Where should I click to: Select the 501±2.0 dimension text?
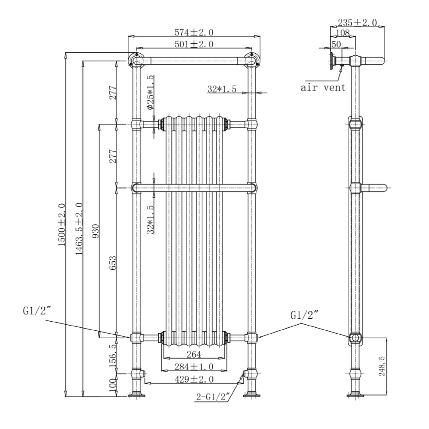point(193,44)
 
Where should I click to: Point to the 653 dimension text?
point(113,263)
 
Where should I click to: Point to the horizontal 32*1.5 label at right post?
point(222,89)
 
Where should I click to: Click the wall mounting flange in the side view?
point(332,60)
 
